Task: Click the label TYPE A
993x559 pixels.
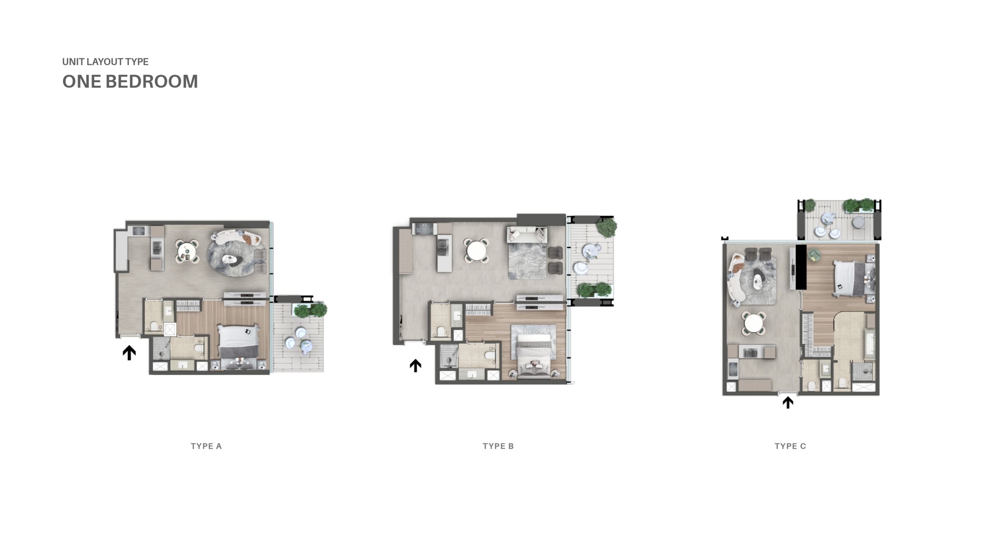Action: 206,446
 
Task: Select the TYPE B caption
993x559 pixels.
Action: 498,446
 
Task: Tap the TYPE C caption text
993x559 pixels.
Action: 790,446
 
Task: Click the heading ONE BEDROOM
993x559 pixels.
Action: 130,82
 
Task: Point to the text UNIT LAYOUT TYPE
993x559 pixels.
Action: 106,62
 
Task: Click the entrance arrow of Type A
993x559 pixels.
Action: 129,353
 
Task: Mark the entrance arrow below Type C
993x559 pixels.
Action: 788,403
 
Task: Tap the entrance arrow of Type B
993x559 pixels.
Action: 415,366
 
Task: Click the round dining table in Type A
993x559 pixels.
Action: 187,251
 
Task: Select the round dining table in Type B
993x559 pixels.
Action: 476,250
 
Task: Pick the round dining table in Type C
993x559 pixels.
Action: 753,323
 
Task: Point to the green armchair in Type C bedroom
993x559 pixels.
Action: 814,255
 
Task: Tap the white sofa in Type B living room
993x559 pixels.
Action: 527,235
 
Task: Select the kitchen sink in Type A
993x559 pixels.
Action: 157,248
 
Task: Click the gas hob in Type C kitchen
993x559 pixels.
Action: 733,369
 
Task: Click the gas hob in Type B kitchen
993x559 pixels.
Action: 424,229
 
